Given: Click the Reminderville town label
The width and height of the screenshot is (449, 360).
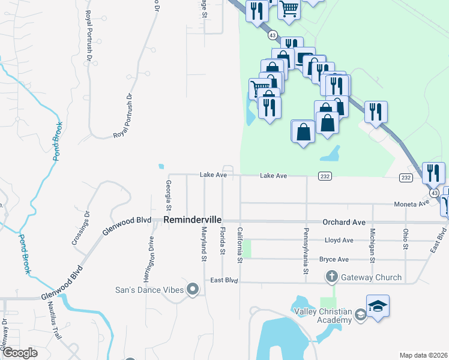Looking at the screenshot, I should click(193, 221).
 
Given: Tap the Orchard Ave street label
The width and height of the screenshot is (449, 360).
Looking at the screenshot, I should click(344, 222).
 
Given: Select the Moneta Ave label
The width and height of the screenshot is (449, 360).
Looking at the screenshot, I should click(411, 204).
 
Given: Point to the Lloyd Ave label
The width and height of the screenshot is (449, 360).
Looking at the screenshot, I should click(339, 240).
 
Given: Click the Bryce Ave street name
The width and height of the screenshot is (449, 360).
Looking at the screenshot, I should click(334, 259).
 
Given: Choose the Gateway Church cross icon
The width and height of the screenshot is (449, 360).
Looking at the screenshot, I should click(331, 277).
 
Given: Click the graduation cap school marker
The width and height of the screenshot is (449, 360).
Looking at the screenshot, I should click(378, 306).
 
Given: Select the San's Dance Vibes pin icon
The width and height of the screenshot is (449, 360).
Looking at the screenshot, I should click(193, 290).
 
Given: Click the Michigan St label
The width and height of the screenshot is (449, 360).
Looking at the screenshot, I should click(372, 245).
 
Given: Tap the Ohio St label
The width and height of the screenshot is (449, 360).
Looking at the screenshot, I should click(406, 239).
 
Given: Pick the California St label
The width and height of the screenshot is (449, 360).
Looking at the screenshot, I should click(240, 245).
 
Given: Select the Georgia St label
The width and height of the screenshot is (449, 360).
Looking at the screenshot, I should click(169, 195).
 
